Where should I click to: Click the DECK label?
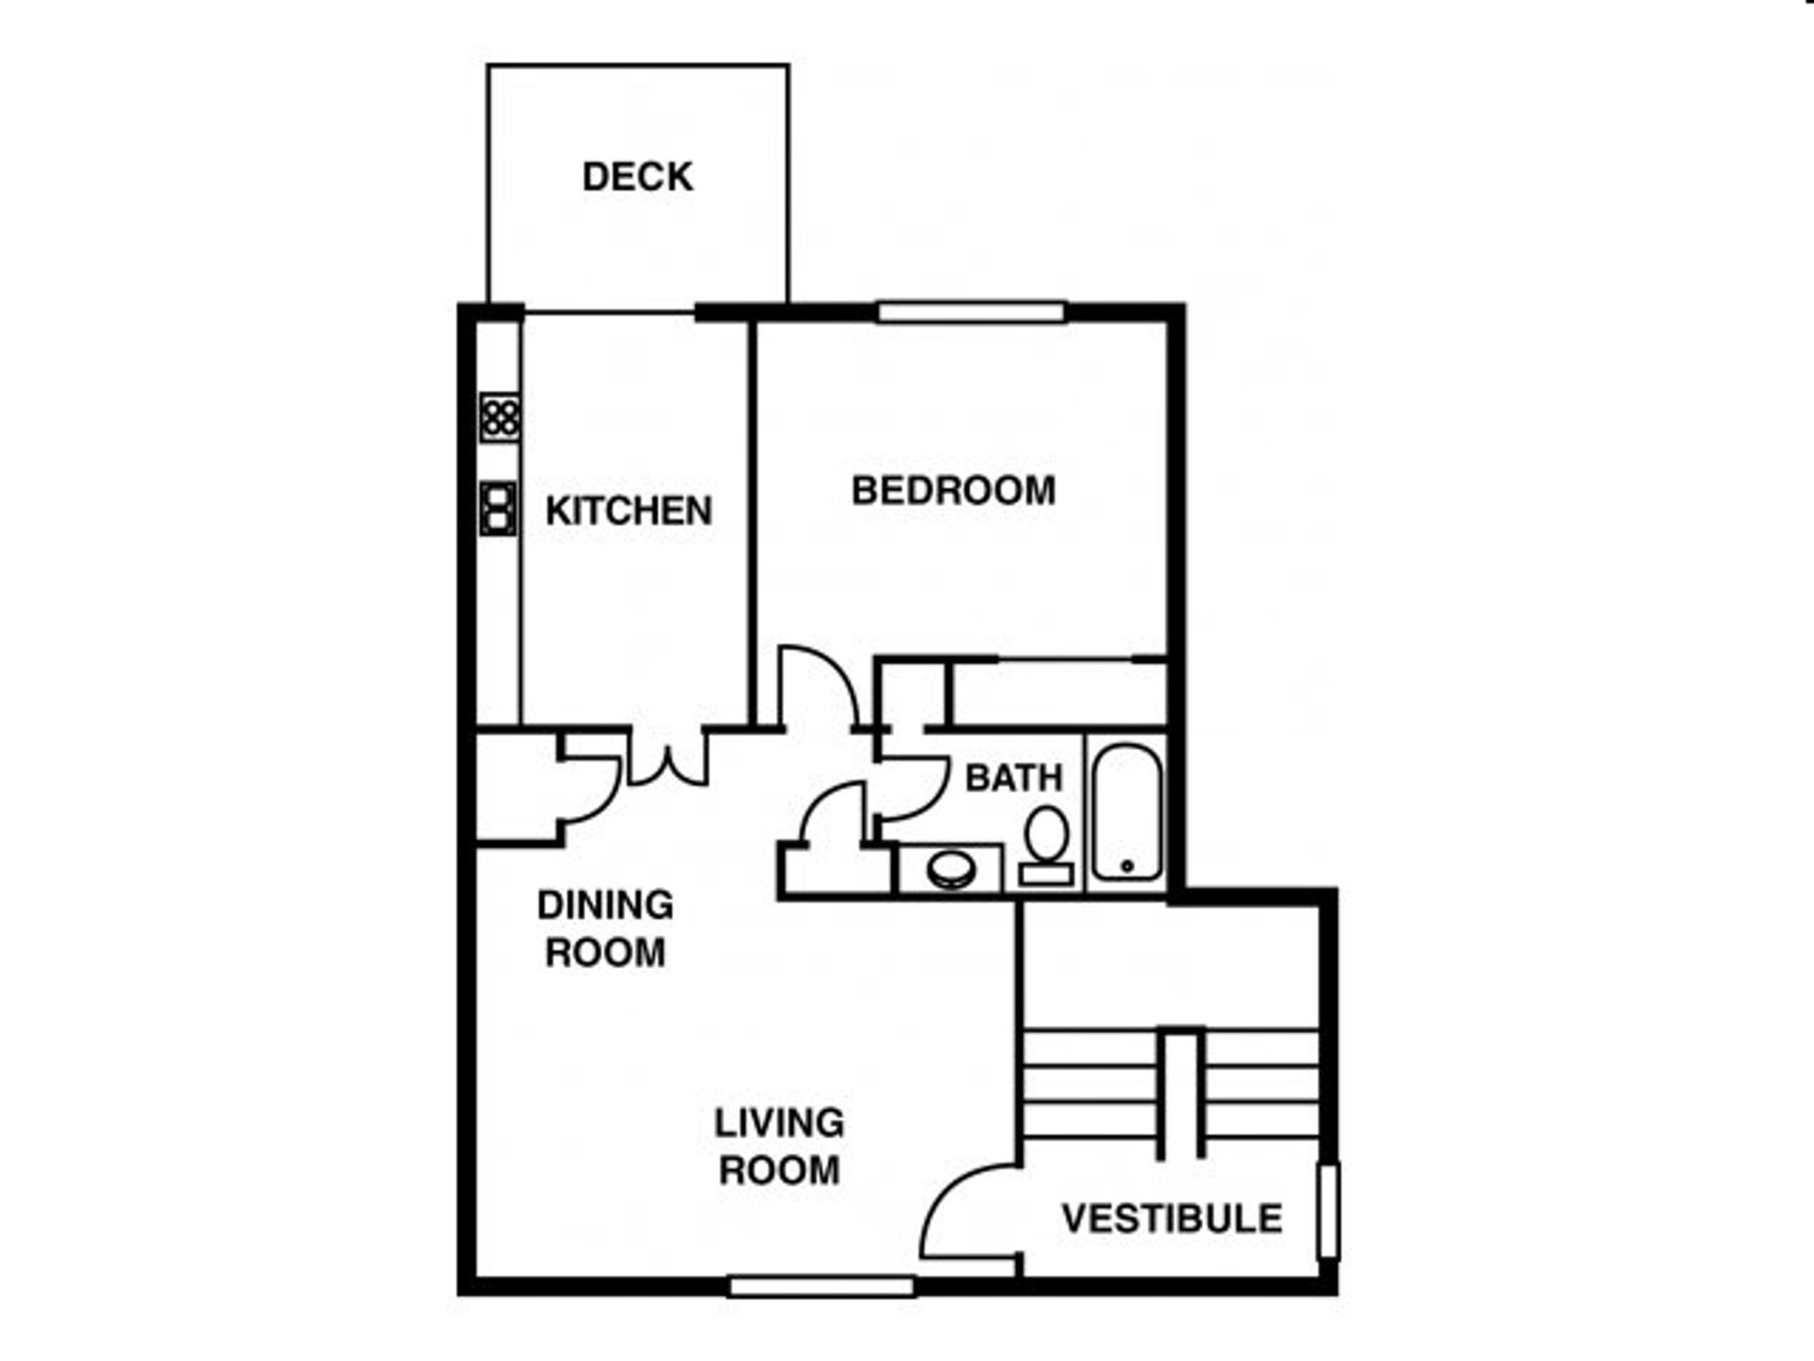638,177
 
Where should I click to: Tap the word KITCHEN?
628,510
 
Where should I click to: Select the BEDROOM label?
953,490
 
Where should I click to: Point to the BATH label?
1014,778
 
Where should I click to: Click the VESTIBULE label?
1172,1218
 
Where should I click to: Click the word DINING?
606,904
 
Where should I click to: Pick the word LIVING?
779,1123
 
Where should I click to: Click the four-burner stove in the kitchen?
499,417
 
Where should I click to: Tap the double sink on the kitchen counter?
498,508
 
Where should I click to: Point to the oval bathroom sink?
950,870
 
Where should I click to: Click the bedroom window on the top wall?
972,312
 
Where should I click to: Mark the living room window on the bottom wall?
822,1286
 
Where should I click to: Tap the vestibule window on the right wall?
1327,1212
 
